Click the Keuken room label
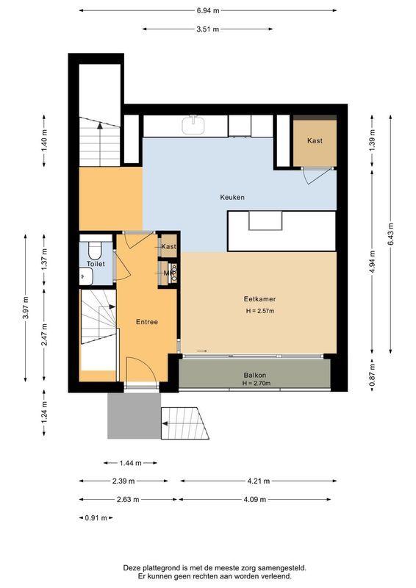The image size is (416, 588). pyautogui.click(x=232, y=197)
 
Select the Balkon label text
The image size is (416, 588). pyautogui.click(x=256, y=376)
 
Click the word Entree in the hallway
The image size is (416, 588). pyautogui.click(x=147, y=322)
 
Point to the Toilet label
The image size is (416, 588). pyautogui.click(x=96, y=263)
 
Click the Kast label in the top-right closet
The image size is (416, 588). pyautogui.click(x=315, y=141)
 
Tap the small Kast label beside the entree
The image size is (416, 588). pyautogui.click(x=168, y=246)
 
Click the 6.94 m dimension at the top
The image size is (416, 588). pyautogui.click(x=208, y=11)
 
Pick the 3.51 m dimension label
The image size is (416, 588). pyautogui.click(x=208, y=29)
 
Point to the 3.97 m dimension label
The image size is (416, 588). pyautogui.click(x=26, y=309)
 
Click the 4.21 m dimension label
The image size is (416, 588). pyautogui.click(x=259, y=481)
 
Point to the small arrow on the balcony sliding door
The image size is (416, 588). pyautogui.click(x=202, y=351)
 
